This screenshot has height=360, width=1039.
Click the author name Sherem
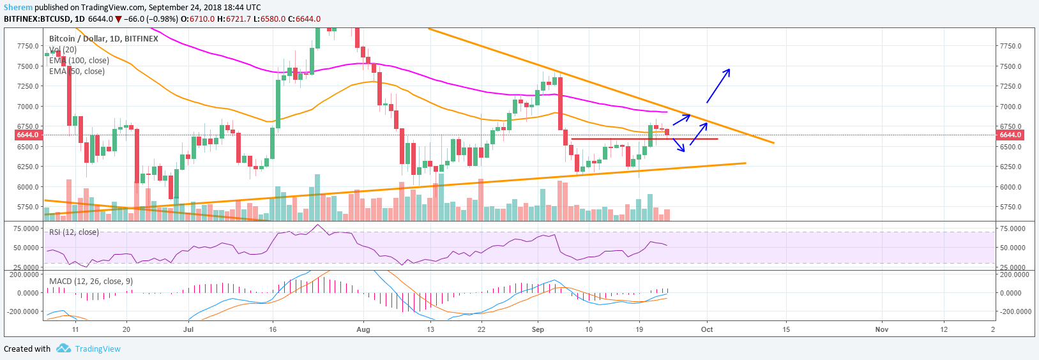(x=18, y=7)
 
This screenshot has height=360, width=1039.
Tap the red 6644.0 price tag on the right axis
(x=1010, y=135)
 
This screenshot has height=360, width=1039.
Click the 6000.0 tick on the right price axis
(x=1010, y=187)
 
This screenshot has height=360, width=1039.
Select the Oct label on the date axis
(x=707, y=329)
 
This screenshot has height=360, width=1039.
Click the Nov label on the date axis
(x=881, y=329)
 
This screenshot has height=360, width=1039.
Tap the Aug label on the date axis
(x=363, y=329)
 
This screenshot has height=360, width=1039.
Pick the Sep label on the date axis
(x=538, y=329)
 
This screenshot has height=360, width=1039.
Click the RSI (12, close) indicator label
(x=74, y=232)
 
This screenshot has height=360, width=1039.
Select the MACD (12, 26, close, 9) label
(x=91, y=281)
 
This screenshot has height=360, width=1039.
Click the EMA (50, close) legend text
(x=77, y=71)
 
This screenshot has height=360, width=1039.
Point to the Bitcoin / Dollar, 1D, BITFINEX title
(x=103, y=39)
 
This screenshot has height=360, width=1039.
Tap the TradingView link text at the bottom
(x=98, y=349)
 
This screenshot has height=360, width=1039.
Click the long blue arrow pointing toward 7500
(x=718, y=86)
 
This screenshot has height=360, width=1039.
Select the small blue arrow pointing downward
(x=679, y=145)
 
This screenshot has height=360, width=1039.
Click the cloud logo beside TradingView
(x=63, y=349)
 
